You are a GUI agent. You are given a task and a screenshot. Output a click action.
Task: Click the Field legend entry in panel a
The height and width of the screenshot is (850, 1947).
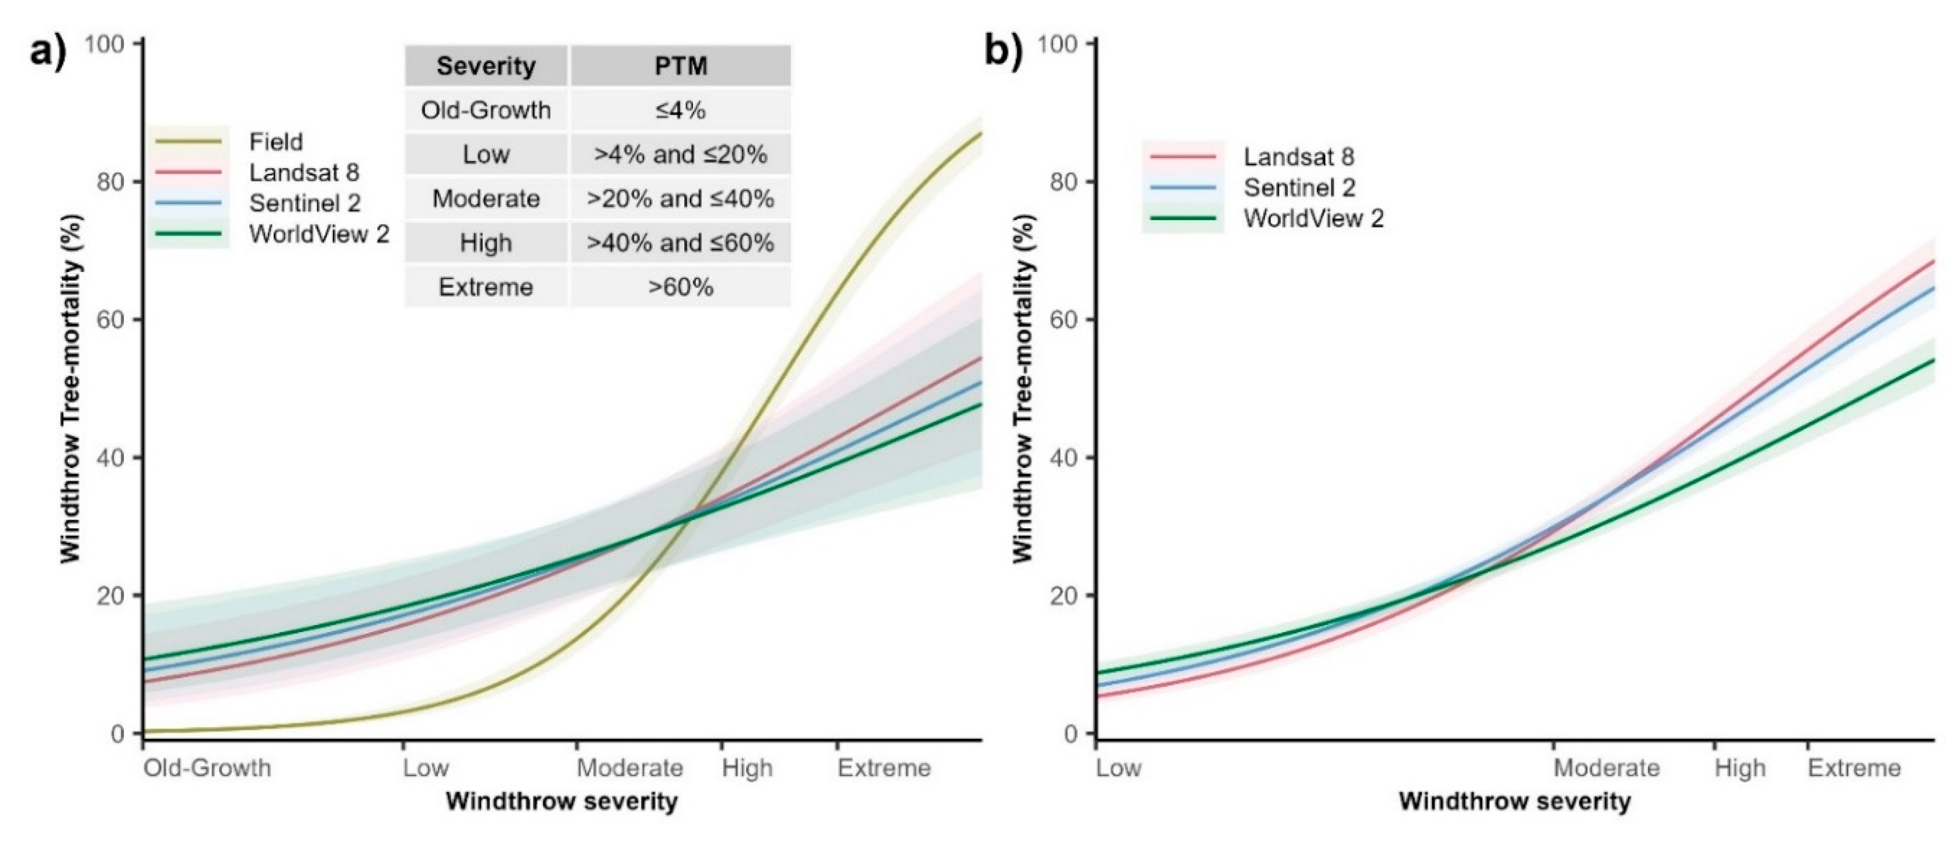click(x=276, y=142)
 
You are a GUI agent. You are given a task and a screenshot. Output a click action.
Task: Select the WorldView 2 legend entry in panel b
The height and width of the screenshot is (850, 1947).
click(x=1313, y=219)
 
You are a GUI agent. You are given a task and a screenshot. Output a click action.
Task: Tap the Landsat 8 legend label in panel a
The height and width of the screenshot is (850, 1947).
click(x=304, y=173)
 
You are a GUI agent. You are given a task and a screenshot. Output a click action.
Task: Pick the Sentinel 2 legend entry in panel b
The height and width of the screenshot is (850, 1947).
click(x=1299, y=187)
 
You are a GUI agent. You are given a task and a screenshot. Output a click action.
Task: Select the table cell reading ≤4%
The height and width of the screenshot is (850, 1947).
click(x=680, y=110)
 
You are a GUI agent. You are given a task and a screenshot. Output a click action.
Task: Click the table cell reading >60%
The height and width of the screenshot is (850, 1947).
click(x=680, y=287)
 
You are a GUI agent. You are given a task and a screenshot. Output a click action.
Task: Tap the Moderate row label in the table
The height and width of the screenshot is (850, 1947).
click(x=485, y=198)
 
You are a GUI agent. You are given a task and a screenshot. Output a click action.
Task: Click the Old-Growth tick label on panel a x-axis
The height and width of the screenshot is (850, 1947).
click(x=207, y=768)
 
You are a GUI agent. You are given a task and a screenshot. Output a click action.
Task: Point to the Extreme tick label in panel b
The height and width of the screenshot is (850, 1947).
click(x=1853, y=768)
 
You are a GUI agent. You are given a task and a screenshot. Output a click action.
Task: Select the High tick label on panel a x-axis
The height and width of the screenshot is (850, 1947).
click(x=747, y=768)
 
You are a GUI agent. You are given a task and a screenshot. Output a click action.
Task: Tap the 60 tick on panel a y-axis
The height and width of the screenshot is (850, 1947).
click(x=111, y=320)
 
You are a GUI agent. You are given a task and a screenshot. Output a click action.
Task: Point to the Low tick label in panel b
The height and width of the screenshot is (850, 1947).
click(x=1119, y=768)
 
